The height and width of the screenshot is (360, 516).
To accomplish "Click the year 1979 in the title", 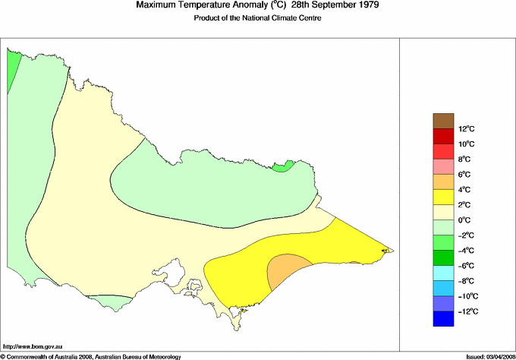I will point(365,5).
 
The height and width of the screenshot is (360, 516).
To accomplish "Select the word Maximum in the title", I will point(157,5).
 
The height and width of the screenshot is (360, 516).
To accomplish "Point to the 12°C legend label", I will point(445,129).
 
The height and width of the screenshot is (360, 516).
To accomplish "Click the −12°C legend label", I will point(445,311).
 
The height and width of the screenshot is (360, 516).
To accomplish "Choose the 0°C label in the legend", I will point(445,220).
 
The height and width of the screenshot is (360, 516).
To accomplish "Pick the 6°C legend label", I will point(445,175).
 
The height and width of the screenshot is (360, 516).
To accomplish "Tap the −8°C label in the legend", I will point(445,281).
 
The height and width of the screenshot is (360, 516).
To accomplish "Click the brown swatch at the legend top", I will point(443,120).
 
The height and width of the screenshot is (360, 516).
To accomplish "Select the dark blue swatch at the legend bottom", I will point(443,320).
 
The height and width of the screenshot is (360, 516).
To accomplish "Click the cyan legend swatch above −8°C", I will point(443,273).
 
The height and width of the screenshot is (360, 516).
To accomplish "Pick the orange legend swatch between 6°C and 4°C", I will point(443,182).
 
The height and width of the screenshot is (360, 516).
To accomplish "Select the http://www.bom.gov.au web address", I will point(34,346).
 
